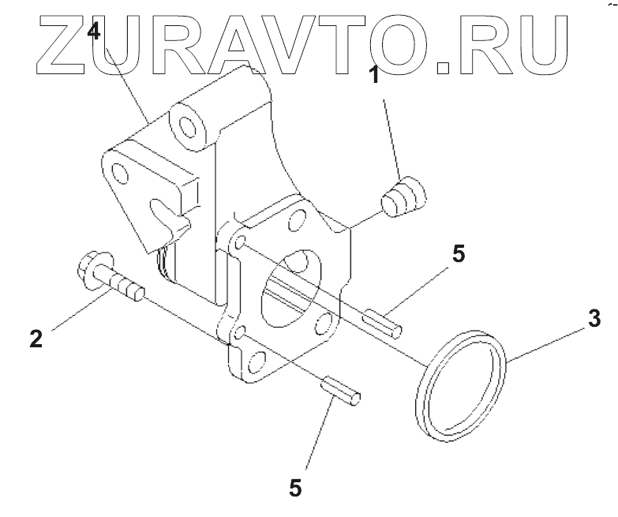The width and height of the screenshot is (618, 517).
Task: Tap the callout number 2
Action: click(35, 339)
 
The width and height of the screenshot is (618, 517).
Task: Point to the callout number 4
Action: click(94, 32)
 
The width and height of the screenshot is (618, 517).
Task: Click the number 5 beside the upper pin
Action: click(459, 254)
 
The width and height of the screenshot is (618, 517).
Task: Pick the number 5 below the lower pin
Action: click(295, 487)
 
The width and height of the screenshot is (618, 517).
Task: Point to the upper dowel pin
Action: click(383, 323)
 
